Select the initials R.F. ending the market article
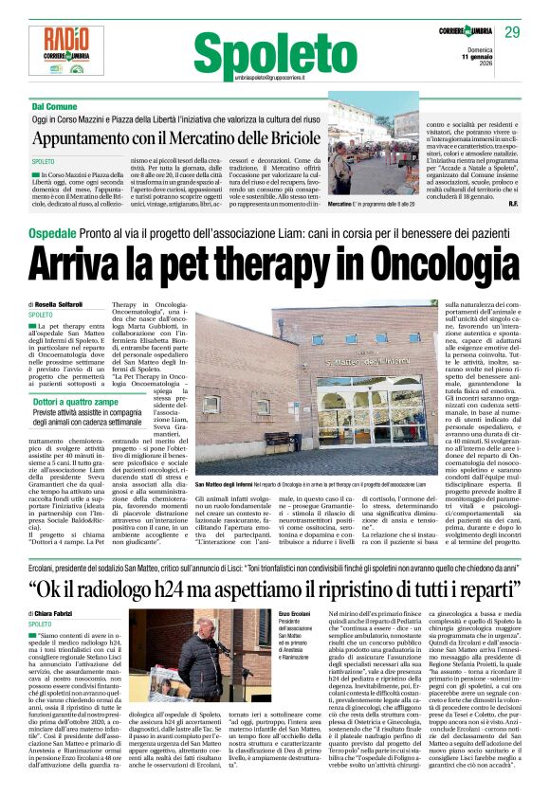pyautogui.click(x=512, y=204)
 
